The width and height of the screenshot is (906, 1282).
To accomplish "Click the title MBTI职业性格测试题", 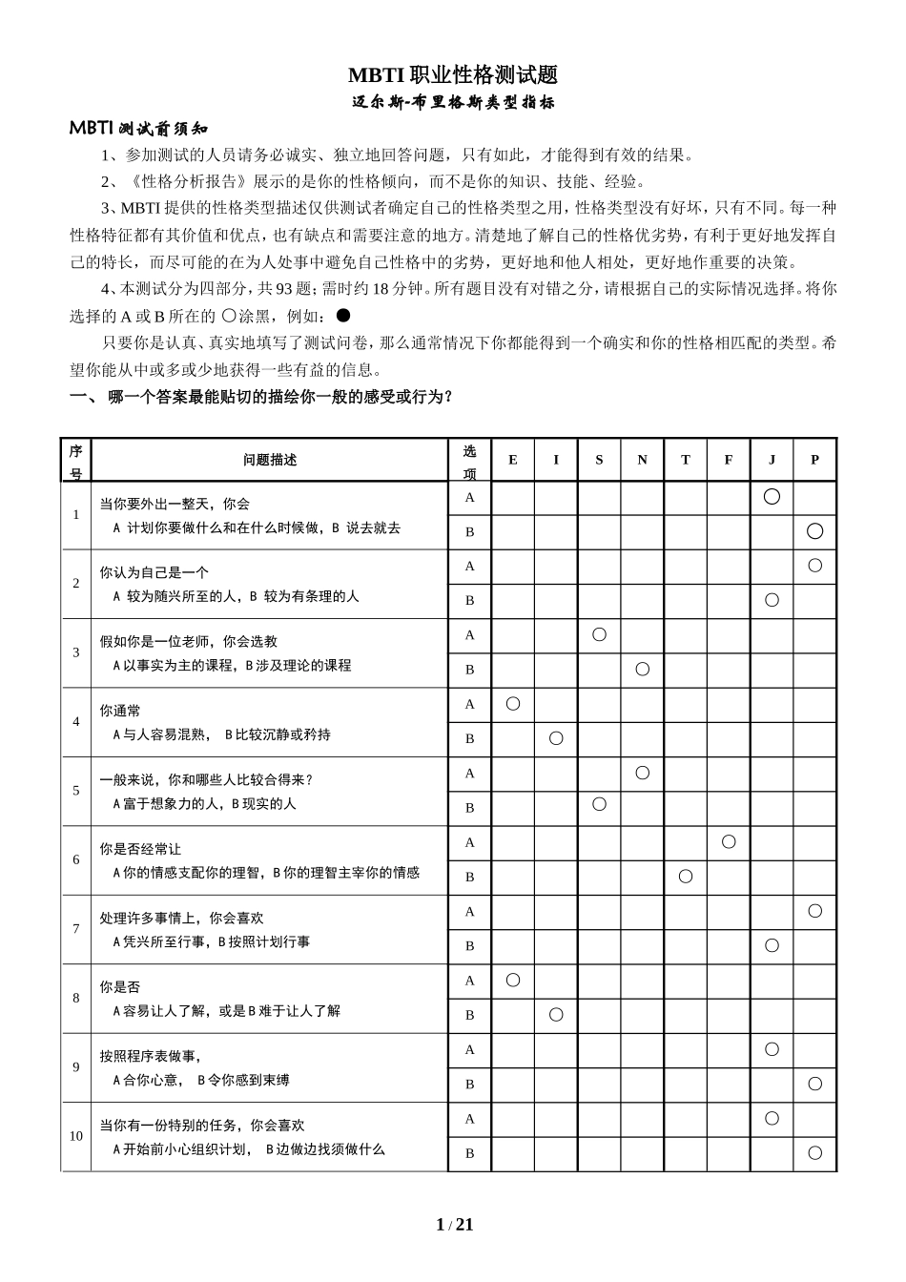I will [452, 75].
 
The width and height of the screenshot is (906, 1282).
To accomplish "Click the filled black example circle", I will [344, 314].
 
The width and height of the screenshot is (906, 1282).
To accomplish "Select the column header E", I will [513, 460].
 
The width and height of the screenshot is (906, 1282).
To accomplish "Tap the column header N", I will [642, 460].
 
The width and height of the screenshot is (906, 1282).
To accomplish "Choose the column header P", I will [814, 460].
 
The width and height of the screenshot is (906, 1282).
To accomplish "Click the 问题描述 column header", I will [270, 460].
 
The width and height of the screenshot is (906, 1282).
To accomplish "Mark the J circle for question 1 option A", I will [772, 496].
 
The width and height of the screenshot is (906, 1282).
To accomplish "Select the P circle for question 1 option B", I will [814, 531].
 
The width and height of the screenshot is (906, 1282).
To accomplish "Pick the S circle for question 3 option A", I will [599, 634].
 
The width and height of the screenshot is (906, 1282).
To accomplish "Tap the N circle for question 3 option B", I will [642, 670].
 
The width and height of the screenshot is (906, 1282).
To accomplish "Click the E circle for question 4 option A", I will [513, 704].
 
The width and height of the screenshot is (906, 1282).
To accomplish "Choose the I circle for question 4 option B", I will [556, 738].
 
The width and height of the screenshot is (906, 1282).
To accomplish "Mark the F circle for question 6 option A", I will [729, 841].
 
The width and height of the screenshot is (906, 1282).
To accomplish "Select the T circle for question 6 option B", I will [686, 877].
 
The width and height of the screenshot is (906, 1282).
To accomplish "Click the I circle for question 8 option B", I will [556, 1015].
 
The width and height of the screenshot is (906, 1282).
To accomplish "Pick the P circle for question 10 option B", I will [814, 1153].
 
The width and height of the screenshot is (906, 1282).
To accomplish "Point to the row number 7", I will [76, 928].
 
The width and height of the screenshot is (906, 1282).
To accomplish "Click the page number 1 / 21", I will [454, 1225].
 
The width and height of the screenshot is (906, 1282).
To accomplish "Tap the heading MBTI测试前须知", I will [138, 129].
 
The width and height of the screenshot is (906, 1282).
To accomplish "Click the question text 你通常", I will [120, 711].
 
